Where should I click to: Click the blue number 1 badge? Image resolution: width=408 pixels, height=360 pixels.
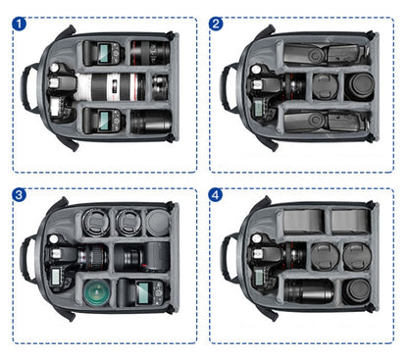pos(19,24)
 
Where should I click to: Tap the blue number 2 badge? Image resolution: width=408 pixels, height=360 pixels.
pos(216,24)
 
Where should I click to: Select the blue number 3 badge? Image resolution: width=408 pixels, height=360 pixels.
pos(19,195)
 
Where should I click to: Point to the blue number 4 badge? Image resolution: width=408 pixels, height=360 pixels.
pos(216,195)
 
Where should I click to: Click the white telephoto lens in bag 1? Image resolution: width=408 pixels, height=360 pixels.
pos(110,87)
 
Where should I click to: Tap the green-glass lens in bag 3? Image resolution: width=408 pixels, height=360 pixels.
pos(97,292)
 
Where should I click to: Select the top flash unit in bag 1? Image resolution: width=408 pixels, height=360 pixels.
pos(104,53)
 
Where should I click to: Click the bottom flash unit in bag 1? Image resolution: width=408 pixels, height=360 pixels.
pos(104,121)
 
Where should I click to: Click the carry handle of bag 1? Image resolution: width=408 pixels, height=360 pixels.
pos(25,87)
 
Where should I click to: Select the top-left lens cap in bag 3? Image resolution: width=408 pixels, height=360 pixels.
pos(95,222)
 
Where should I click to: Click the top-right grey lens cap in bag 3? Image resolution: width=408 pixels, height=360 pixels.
pos(158,223)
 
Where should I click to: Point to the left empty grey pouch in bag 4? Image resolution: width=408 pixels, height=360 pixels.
pos(303,222)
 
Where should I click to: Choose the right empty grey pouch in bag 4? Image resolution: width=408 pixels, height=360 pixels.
pos(351,221)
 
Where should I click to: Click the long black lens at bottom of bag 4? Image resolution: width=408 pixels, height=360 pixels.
pos(309,290)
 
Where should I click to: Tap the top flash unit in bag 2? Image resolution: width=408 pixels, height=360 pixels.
pos(324,54)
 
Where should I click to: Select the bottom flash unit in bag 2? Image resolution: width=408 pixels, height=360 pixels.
pos(324,122)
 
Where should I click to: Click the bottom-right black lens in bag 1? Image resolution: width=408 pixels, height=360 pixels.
pos(151,122)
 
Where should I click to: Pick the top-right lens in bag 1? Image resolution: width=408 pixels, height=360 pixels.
pos(150,52)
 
